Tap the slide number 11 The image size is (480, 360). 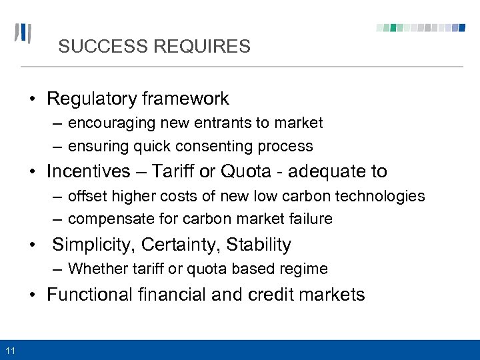(x=10, y=351)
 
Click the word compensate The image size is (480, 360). (x=109, y=219)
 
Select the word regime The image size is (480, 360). (x=305, y=269)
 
